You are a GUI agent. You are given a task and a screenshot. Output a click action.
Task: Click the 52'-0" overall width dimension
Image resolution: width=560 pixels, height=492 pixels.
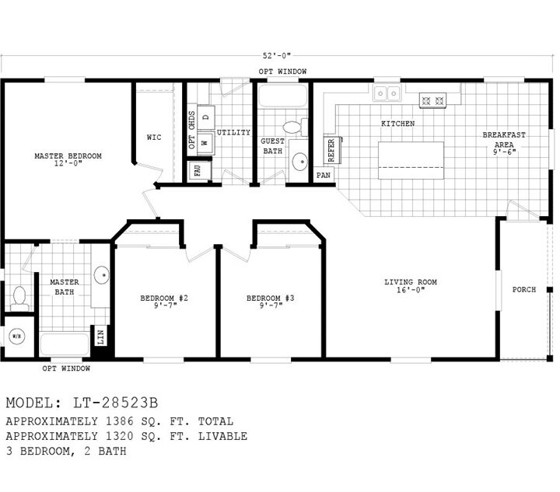pos(277,56)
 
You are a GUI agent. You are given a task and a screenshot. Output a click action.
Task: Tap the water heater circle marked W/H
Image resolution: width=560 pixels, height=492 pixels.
pos(17,336)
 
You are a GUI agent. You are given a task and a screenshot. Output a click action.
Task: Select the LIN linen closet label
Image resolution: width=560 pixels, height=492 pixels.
pos(100,337)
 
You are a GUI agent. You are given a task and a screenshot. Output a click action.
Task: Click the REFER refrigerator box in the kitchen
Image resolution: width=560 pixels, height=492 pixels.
pos(332,150)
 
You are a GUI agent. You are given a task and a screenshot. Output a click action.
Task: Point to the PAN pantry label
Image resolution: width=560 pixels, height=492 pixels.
pos(324,175)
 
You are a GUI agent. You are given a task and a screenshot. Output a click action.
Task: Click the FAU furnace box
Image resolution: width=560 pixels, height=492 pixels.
pos(199,170)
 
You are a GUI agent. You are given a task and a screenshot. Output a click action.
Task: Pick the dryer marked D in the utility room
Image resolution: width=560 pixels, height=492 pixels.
pos(205,117)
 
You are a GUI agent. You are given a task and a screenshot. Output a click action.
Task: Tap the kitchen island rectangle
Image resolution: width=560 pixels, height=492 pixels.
pos(411,160)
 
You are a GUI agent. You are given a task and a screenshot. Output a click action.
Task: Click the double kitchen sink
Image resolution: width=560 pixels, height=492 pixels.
pos(387,93)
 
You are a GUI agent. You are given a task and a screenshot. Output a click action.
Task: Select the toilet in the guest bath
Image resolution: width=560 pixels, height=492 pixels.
pos(295,127)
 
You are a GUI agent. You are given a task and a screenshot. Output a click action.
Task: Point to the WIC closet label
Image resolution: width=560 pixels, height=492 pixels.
pos(154,138)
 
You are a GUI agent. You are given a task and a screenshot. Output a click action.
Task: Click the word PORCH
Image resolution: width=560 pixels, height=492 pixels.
pos(524,290)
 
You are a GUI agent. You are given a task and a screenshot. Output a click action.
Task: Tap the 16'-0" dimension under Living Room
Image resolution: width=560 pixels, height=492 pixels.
pos(411,290)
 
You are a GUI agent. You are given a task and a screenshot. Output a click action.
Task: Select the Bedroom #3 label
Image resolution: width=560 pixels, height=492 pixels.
pos(271,298)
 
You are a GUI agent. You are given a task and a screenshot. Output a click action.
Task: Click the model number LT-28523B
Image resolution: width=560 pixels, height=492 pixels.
pos(115,403)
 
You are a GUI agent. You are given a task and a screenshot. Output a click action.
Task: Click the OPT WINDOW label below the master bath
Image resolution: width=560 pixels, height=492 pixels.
pos(66,368)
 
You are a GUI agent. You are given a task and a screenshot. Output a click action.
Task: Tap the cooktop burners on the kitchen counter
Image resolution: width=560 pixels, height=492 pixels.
pos(433,100)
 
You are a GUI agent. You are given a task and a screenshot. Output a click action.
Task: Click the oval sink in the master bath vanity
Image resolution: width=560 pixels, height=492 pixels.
pos(102,275)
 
